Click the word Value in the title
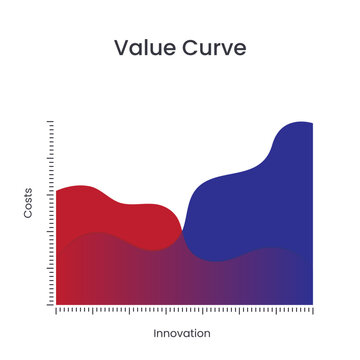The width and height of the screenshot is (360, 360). pos(143,48)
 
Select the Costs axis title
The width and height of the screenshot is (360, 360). pos(28,203)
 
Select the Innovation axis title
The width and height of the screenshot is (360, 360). pos(182,333)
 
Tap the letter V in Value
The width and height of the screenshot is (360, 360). pos(121,48)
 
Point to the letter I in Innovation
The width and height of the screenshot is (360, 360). pos(156,333)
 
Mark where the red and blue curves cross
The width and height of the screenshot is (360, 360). pos(182,237)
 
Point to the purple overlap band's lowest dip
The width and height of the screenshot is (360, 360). pos(215,261)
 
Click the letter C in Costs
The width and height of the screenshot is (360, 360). pos(28,215)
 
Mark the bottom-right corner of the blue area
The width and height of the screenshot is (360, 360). pos(312,303)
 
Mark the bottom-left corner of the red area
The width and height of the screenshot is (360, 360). pos(57,303)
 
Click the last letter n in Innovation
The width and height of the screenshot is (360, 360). pos(208,333)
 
